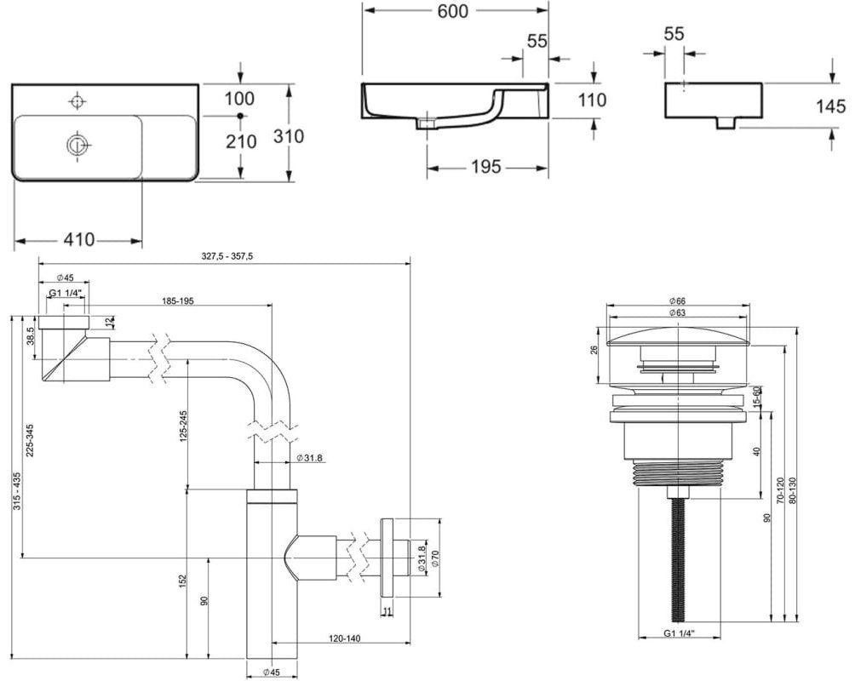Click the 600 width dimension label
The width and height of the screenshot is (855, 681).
452,11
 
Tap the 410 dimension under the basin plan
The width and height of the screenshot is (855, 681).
79,239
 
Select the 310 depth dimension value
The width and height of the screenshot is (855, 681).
289,135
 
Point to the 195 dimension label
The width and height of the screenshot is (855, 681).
486,167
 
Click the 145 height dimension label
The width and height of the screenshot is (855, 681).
830,106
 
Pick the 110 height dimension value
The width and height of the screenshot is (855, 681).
592,100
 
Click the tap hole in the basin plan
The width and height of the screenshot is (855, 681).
78,101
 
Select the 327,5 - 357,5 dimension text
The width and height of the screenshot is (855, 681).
227,256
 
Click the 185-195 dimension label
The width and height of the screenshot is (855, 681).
178,300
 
